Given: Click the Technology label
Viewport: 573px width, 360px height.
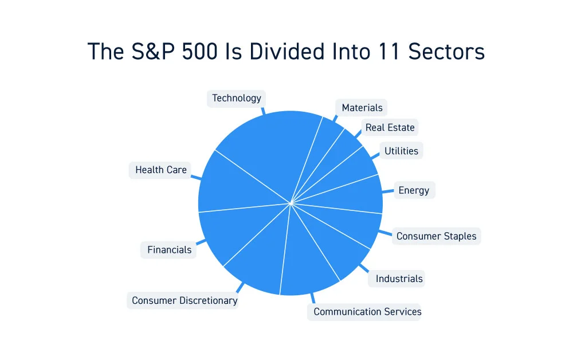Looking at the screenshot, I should [x=236, y=98].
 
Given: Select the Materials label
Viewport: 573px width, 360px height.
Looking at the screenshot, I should [x=362, y=108].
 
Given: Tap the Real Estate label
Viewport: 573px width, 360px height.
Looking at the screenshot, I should [x=390, y=127].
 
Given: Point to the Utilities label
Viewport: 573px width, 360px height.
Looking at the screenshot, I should [x=401, y=151].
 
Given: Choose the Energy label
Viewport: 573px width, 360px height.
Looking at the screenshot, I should [x=414, y=190].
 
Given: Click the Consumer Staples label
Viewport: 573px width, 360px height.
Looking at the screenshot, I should [x=436, y=236].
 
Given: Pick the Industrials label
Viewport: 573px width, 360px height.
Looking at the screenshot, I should [x=399, y=279].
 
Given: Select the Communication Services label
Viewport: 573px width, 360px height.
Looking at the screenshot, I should [x=367, y=312].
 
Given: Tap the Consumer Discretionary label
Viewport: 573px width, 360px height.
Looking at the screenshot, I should [x=184, y=300].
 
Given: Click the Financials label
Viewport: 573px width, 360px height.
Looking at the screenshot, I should [x=169, y=250].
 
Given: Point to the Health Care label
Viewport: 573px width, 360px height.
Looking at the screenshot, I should [x=160, y=170].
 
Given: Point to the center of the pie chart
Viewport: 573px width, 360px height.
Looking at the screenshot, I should [x=291, y=203].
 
